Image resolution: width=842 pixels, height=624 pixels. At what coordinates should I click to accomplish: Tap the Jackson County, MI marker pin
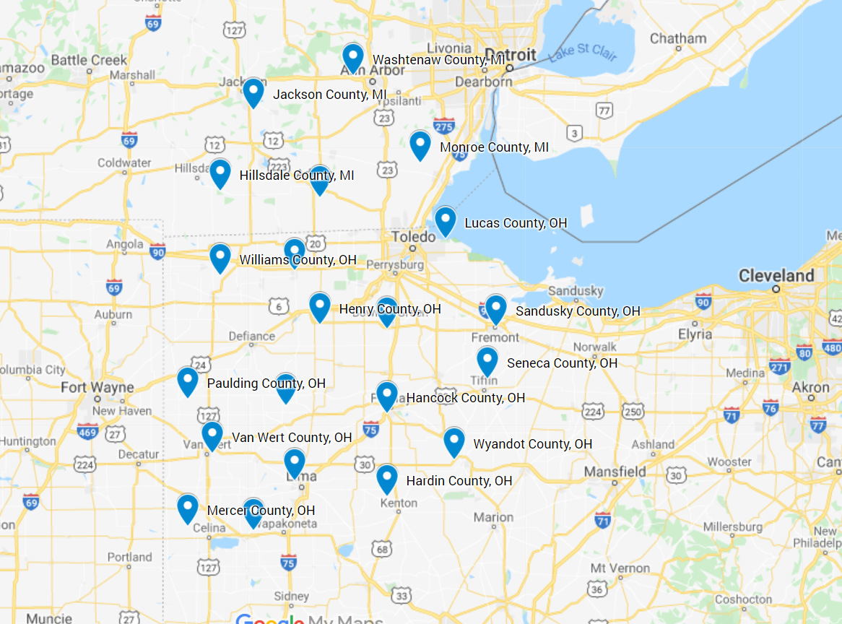(x=253, y=92)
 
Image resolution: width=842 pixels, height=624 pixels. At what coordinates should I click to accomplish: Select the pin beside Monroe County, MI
(x=420, y=144)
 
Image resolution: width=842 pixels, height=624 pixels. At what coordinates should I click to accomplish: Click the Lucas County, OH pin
(x=446, y=220)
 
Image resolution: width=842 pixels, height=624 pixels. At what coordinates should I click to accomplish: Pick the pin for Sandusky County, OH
(x=495, y=308)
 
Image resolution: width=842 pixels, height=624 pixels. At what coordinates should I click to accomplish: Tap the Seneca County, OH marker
(x=487, y=360)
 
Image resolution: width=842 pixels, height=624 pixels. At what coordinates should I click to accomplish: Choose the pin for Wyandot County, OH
(x=453, y=441)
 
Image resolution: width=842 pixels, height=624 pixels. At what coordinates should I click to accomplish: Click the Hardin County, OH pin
(x=387, y=478)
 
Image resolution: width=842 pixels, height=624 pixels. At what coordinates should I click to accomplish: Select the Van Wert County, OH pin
(x=212, y=435)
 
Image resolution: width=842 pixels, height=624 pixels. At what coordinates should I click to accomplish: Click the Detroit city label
(x=511, y=55)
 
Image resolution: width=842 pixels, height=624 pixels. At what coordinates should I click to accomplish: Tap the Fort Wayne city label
(x=97, y=388)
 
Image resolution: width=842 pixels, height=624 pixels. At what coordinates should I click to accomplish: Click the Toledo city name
(x=414, y=237)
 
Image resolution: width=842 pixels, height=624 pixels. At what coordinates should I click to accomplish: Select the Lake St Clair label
(x=582, y=53)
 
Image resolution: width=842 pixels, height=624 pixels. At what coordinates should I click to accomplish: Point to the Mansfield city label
(x=616, y=472)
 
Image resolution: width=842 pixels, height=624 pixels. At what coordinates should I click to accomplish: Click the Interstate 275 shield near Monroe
(x=443, y=126)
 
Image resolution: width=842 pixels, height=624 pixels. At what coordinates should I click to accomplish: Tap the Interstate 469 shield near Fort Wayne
(x=87, y=432)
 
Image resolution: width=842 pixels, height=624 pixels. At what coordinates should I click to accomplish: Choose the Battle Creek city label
(x=89, y=60)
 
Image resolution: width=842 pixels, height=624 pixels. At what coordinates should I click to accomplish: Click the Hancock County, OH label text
(x=466, y=398)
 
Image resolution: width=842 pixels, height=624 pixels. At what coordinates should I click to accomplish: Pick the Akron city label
(x=810, y=388)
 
